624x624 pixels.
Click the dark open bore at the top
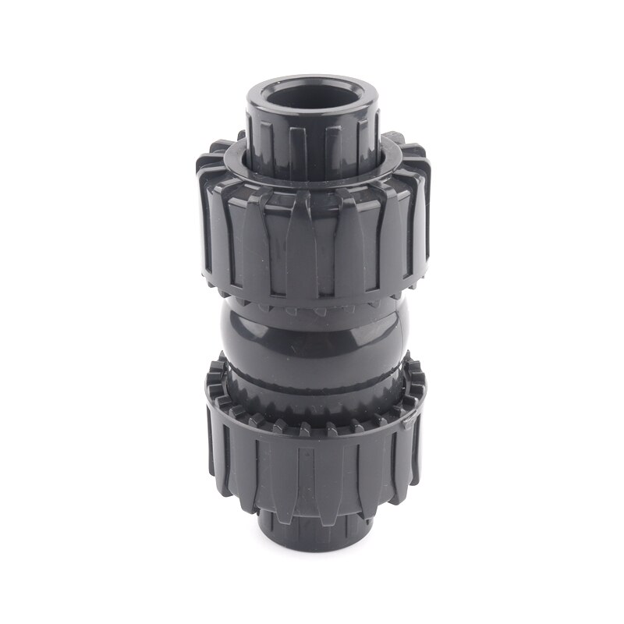click(x=313, y=98)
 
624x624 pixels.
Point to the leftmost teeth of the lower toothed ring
click(x=214, y=390)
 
